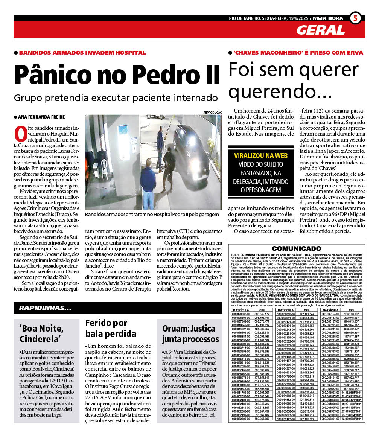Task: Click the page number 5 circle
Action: coord(355,18)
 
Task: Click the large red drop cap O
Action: coord(20,134)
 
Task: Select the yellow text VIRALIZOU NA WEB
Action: coord(260,155)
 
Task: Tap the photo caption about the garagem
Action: coord(152,214)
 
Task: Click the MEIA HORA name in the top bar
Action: coord(328,18)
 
